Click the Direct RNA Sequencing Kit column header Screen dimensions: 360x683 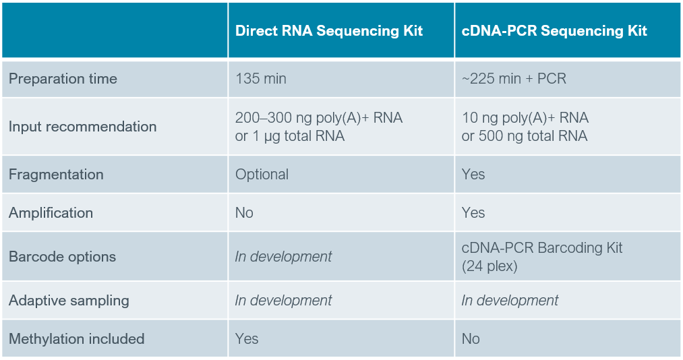(329, 31)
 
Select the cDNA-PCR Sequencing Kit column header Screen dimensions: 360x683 (554, 31)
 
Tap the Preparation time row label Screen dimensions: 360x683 (63, 79)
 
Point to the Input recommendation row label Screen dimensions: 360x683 (82, 127)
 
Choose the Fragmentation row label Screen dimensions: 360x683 (56, 175)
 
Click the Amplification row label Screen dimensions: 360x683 (51, 213)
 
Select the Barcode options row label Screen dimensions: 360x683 (62, 257)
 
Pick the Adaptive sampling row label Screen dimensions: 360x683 (69, 301)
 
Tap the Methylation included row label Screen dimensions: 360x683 (76, 339)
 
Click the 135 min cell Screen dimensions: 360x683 (261, 79)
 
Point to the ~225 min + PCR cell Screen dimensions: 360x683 (514, 79)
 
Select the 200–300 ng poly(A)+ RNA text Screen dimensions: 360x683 (319, 118)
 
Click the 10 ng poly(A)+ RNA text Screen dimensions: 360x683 (525, 118)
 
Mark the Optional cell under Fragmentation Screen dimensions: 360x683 (262, 175)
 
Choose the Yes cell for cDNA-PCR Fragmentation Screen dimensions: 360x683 (473, 175)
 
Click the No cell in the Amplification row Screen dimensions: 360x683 (244, 213)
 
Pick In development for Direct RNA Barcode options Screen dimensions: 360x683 (283, 257)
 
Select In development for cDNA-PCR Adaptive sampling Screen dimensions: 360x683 (510, 301)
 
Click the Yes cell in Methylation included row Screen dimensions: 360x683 (247, 339)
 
